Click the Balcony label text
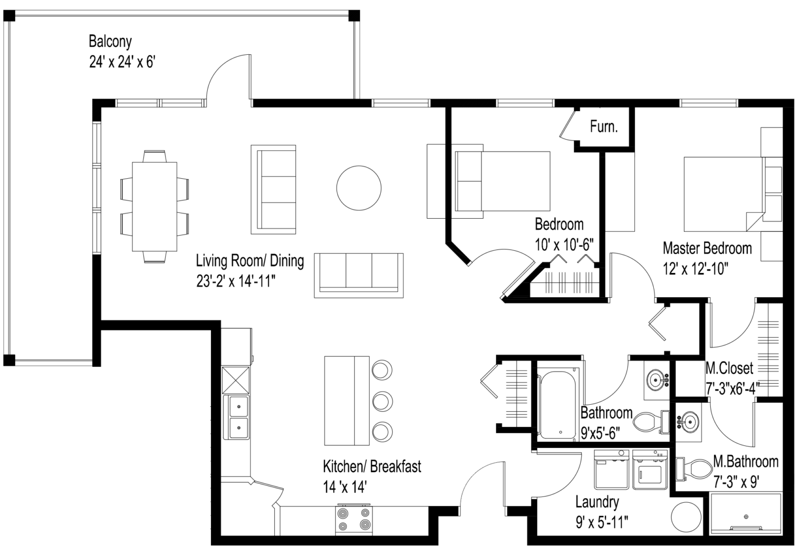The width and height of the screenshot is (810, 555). point(110,41)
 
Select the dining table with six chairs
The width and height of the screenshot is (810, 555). point(154,207)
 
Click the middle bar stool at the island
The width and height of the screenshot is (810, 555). point(381,401)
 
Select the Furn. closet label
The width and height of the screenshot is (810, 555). point(604,127)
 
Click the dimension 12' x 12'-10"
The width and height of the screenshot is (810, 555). point(695,269)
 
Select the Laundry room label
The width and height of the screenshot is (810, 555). point(597,501)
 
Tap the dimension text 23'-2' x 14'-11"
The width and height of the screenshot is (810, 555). point(236,282)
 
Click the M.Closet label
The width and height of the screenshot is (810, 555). point(729,368)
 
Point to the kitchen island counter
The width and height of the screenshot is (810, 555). point(346,401)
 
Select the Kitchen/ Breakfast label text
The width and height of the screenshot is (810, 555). point(372,466)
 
